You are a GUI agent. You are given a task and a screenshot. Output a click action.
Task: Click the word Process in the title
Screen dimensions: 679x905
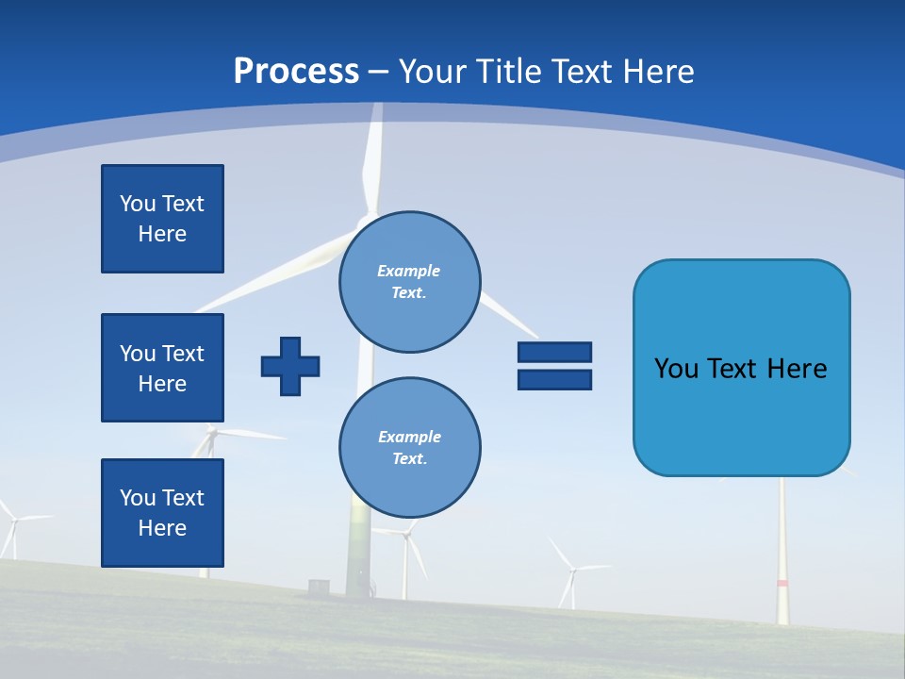[296, 72]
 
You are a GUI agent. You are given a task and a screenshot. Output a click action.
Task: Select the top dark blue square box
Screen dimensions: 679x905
[162, 219]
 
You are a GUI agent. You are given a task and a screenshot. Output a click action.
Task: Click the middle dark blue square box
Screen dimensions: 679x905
[162, 368]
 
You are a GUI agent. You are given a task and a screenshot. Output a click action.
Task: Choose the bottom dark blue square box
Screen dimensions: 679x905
[162, 513]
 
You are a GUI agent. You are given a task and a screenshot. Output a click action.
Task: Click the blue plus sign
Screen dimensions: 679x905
[290, 366]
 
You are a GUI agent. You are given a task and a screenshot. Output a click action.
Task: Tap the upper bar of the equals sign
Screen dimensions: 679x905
[554, 352]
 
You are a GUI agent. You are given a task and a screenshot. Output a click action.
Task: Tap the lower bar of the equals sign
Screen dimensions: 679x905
[554, 379]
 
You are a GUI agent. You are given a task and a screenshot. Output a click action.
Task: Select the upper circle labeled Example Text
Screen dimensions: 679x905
[409, 281]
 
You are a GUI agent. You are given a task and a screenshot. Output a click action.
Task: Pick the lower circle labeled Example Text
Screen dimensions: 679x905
[409, 448]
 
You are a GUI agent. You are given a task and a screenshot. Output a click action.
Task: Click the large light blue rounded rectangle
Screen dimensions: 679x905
[741, 368]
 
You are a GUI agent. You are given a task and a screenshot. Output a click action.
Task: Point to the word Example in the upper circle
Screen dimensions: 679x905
[409, 271]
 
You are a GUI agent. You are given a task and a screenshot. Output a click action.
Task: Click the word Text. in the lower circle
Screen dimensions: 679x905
[409, 459]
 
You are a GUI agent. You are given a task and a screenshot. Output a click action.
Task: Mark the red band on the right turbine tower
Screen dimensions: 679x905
[782, 584]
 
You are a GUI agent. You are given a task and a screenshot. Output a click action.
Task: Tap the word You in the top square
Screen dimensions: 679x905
[138, 204]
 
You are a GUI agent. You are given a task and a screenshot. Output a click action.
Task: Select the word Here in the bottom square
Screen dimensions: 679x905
[162, 528]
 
